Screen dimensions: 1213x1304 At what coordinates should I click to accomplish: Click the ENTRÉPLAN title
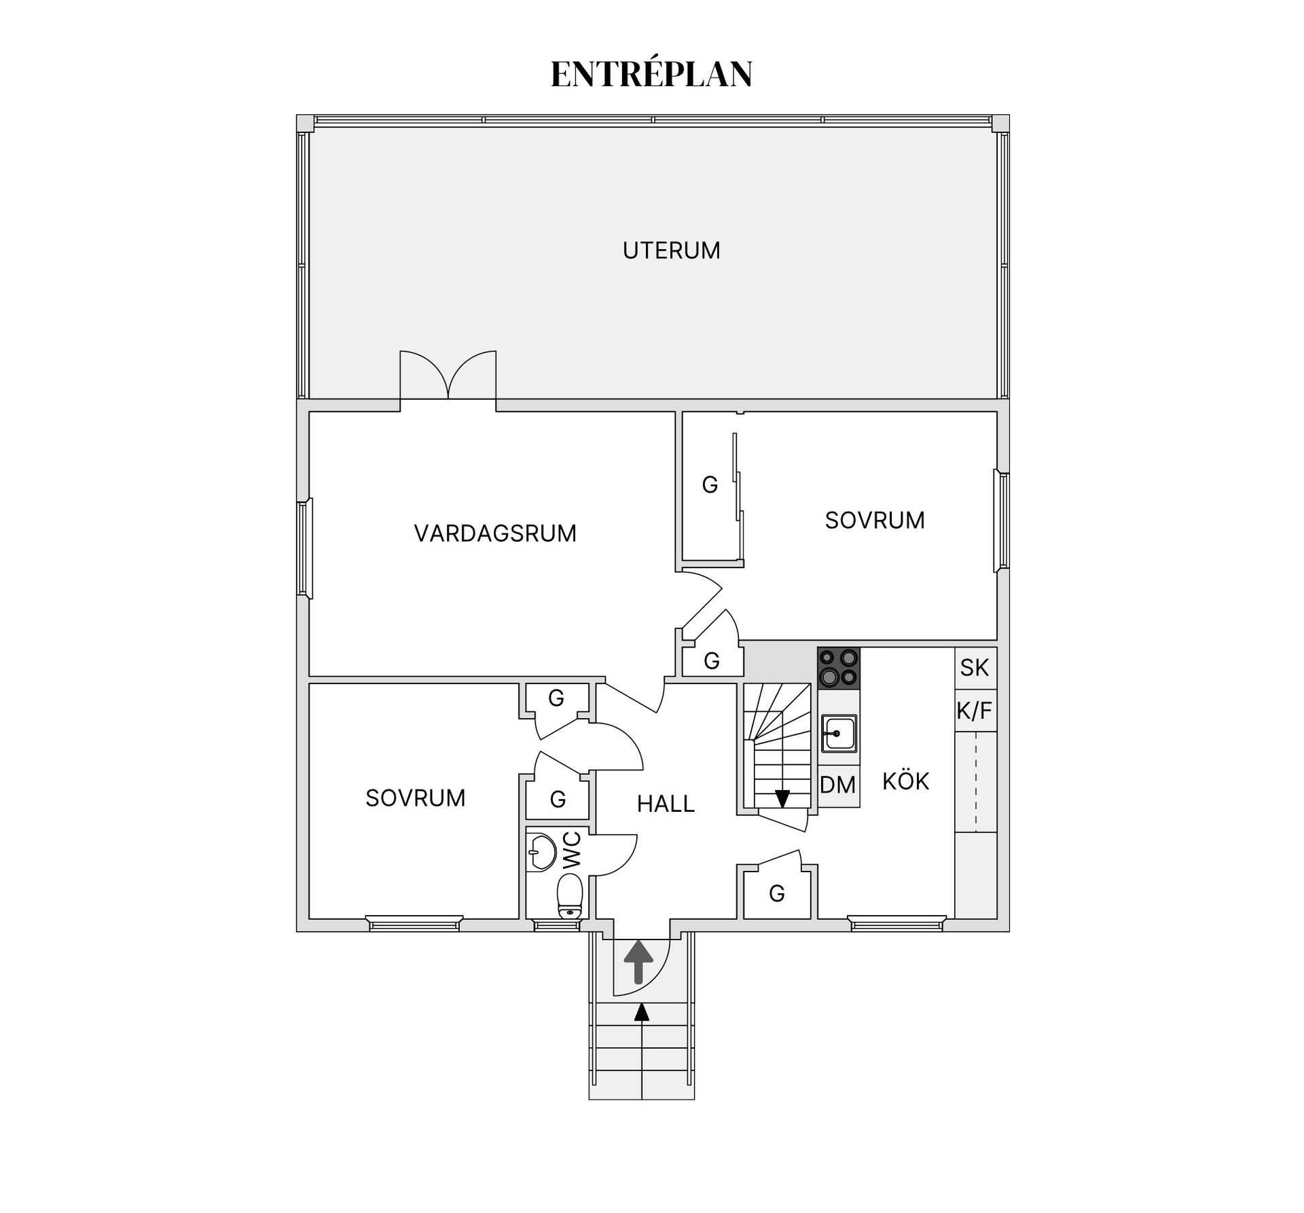651,74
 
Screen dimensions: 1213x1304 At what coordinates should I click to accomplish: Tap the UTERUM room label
671,250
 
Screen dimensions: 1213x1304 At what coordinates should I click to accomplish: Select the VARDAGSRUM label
495,534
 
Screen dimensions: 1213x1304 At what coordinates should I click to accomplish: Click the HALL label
666,804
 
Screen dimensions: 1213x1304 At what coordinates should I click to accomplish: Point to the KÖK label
905,781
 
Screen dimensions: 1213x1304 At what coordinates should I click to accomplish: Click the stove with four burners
838,668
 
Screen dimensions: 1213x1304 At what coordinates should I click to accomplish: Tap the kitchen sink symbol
839,734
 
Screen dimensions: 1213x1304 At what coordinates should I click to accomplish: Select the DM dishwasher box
838,785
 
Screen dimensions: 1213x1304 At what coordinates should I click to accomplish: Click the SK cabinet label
975,668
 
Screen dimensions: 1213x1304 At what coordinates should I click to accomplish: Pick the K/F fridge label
975,711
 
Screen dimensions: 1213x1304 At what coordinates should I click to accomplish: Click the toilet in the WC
570,895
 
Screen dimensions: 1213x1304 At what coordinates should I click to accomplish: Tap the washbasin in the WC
541,853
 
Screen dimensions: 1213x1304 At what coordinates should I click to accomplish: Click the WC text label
572,849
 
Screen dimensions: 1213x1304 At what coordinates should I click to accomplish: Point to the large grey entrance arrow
638,960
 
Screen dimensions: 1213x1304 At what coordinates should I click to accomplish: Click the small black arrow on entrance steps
641,1013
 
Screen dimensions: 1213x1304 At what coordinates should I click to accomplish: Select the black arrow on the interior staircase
782,798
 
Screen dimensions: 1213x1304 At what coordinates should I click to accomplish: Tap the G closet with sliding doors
709,485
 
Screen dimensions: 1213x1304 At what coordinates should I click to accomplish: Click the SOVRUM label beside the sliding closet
874,521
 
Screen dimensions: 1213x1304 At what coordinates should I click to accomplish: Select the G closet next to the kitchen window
776,893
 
